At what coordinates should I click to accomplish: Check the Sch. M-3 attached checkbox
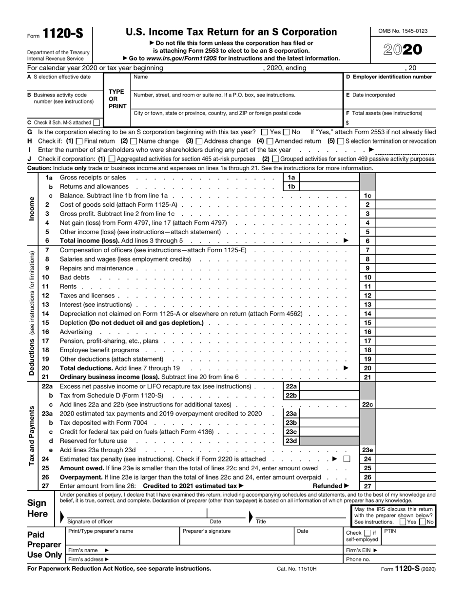96,123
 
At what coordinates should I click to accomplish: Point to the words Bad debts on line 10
75,277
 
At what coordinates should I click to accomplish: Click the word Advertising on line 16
76,332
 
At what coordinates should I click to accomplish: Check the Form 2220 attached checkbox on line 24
347,459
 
